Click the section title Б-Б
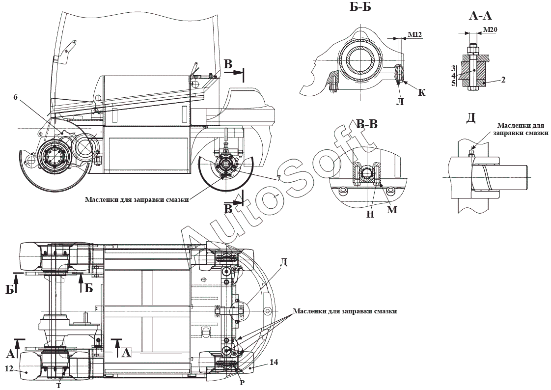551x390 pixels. coord(360,7)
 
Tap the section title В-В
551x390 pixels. coord(367,124)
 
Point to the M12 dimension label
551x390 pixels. coord(414,34)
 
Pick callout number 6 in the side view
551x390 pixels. coord(15,97)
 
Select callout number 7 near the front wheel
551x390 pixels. coord(278,179)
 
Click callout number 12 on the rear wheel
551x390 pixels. coord(9,368)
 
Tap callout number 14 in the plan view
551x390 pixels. coord(274,362)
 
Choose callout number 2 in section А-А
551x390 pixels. coord(503,80)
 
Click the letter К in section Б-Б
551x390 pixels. coord(422,92)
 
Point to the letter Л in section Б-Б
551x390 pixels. coord(400,102)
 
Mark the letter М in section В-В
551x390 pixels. coord(392,210)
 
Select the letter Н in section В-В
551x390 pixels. coord(371,214)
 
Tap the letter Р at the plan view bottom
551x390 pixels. coord(242,383)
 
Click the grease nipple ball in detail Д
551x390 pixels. coord(471,152)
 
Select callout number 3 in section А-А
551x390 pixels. coord(454,68)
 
